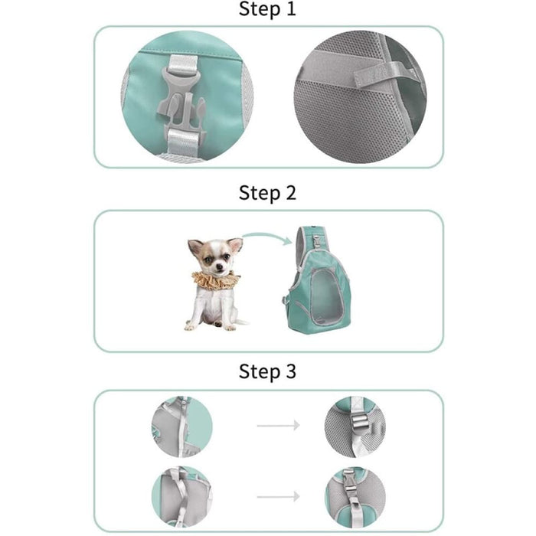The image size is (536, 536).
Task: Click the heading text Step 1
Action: point(267,10)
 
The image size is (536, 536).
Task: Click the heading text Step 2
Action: point(267,192)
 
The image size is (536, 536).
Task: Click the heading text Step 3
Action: point(267,372)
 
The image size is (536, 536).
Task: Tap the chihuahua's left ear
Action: point(234,245)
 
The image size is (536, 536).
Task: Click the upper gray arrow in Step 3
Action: point(276,425)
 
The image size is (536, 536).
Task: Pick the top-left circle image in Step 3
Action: point(181,426)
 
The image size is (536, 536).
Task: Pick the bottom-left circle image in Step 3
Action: point(181,495)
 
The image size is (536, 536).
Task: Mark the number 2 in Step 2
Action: point(289,193)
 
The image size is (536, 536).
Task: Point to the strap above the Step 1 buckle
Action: point(181,60)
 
